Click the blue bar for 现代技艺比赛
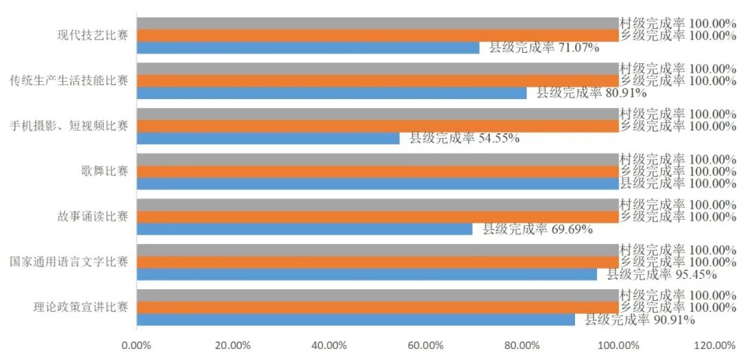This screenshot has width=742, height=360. click(x=308, y=48)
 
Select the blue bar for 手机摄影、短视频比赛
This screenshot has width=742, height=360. click(x=269, y=138)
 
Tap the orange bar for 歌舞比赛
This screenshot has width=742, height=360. click(x=378, y=171)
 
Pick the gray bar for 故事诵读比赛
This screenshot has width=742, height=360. click(x=378, y=204)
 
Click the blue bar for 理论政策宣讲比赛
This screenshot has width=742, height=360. click(x=356, y=319)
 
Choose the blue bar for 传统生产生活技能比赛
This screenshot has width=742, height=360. click(x=332, y=93)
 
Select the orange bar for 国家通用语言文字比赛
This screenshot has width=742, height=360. click(x=378, y=262)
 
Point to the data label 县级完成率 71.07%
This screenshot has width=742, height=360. click(x=544, y=48)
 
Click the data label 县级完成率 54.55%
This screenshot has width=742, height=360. click(x=464, y=138)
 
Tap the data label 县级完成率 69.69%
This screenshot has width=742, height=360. click(x=537, y=229)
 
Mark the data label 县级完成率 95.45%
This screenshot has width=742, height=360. click(x=662, y=274)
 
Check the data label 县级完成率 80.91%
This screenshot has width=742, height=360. click(x=592, y=93)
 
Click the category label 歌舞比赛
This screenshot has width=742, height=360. click(x=104, y=171)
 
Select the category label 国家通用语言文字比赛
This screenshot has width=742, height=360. click(x=69, y=262)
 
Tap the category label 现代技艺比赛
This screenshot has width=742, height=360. click(x=93, y=36)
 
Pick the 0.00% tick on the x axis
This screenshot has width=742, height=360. click(x=136, y=346)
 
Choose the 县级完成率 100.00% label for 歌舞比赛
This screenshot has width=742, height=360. click(x=678, y=183)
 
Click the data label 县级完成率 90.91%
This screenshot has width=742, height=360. click(x=640, y=319)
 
